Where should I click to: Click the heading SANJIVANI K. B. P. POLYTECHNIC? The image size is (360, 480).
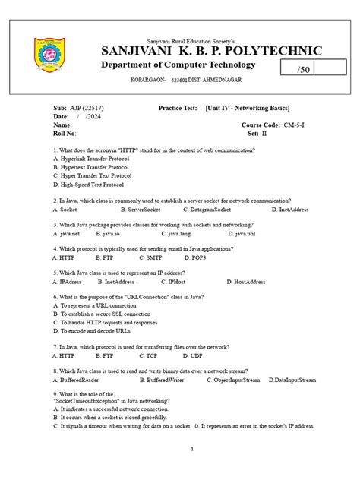211,51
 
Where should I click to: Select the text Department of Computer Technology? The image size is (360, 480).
189,65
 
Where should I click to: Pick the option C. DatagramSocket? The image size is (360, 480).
207,208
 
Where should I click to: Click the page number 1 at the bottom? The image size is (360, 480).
192,449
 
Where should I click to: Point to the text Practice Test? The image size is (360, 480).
179,108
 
